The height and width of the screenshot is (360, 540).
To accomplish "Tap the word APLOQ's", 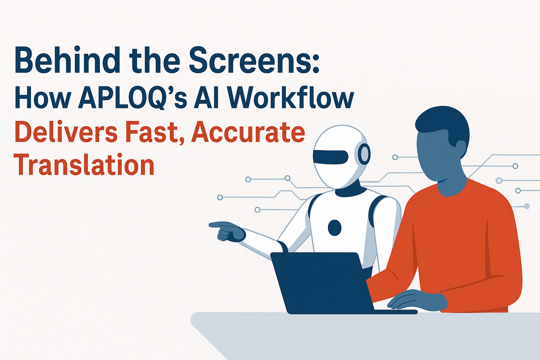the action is tap(133, 98).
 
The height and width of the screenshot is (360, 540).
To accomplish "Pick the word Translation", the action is tap(84, 164).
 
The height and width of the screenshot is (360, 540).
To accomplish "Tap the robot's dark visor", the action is tap(330, 157).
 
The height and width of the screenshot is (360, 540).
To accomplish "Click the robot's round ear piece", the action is tap(364, 154).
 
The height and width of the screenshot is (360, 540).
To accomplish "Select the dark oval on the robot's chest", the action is tap(335, 227).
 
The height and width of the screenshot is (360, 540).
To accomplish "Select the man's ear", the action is tap(461, 149).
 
